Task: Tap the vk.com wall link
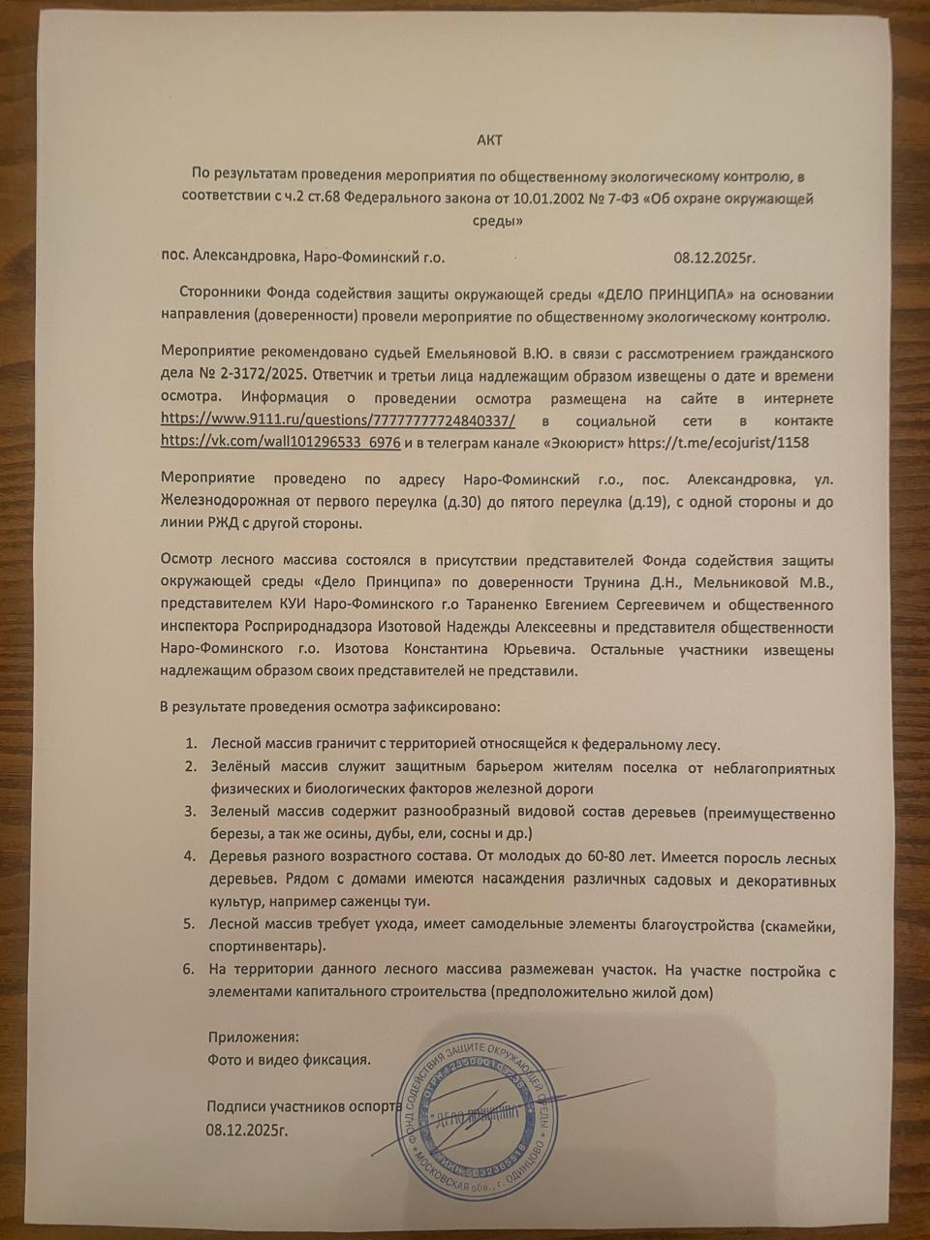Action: (281, 442)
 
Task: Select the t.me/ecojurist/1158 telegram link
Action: (719, 442)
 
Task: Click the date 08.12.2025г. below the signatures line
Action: (246, 1129)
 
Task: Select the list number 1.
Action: (191, 745)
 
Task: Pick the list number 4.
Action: (190, 858)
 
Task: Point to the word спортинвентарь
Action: (266, 945)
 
